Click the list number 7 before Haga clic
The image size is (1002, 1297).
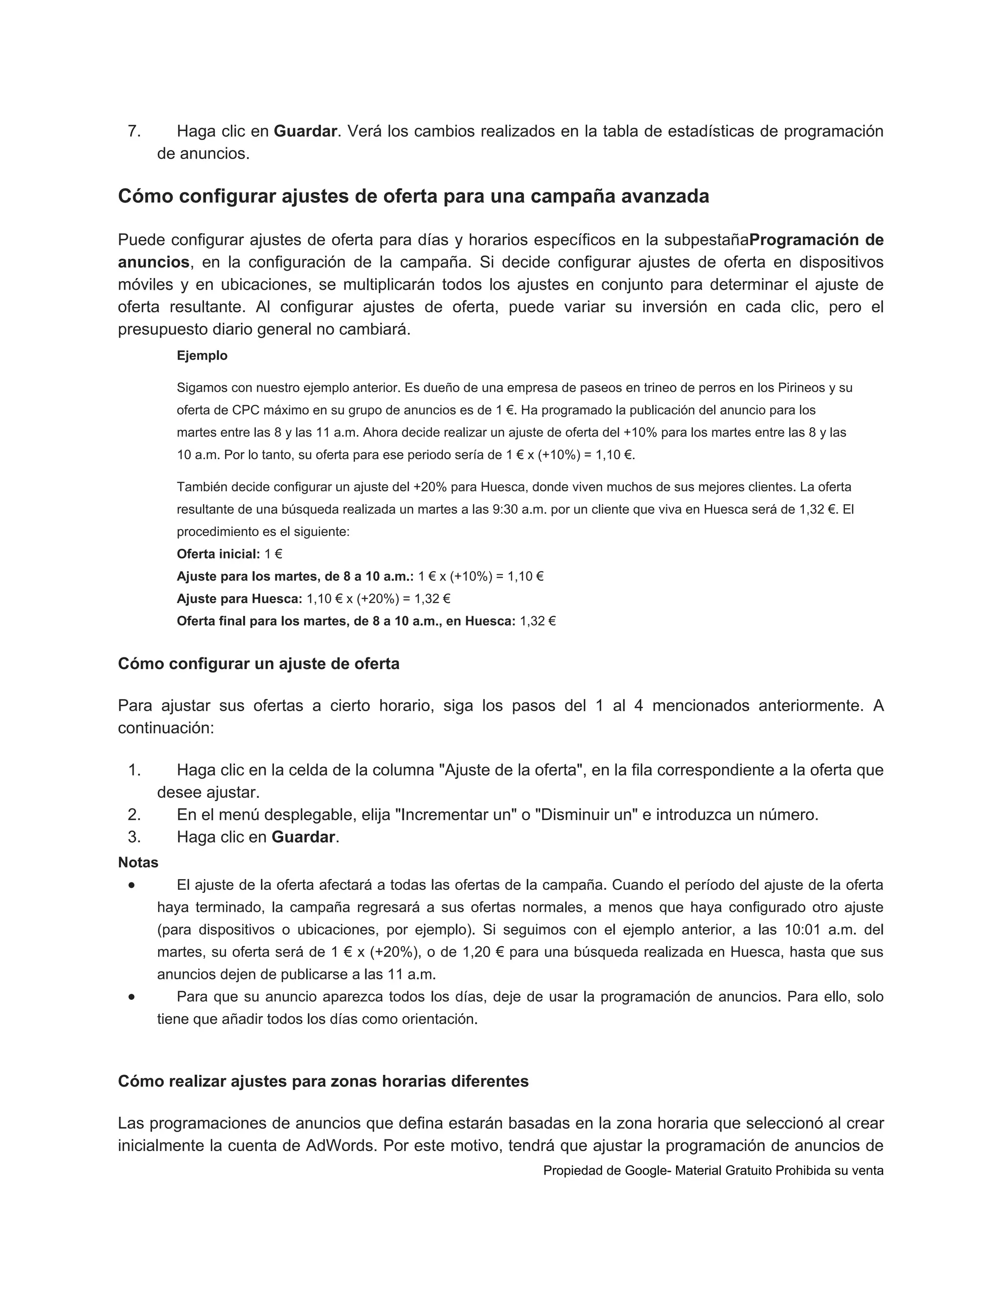tap(134, 131)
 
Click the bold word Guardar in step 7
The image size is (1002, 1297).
tap(305, 131)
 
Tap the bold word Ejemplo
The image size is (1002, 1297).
tap(202, 356)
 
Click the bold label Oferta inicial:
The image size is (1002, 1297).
tap(218, 554)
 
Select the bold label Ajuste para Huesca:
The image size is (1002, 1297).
tap(240, 599)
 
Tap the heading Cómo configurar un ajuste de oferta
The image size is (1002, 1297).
tap(258, 663)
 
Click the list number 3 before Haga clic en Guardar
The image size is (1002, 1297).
tap(134, 837)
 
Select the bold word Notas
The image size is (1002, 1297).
tap(137, 862)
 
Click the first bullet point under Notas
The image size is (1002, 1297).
tap(131, 885)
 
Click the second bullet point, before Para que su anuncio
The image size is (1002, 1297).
tap(131, 997)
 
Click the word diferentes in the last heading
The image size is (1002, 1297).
tap(489, 1081)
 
